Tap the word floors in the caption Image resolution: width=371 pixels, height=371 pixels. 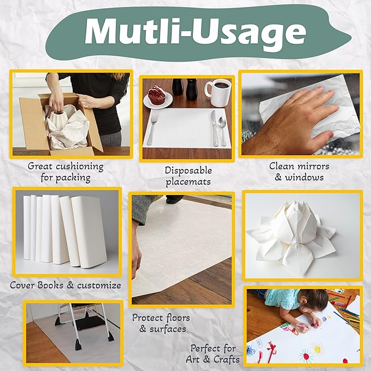pos(174,317)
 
